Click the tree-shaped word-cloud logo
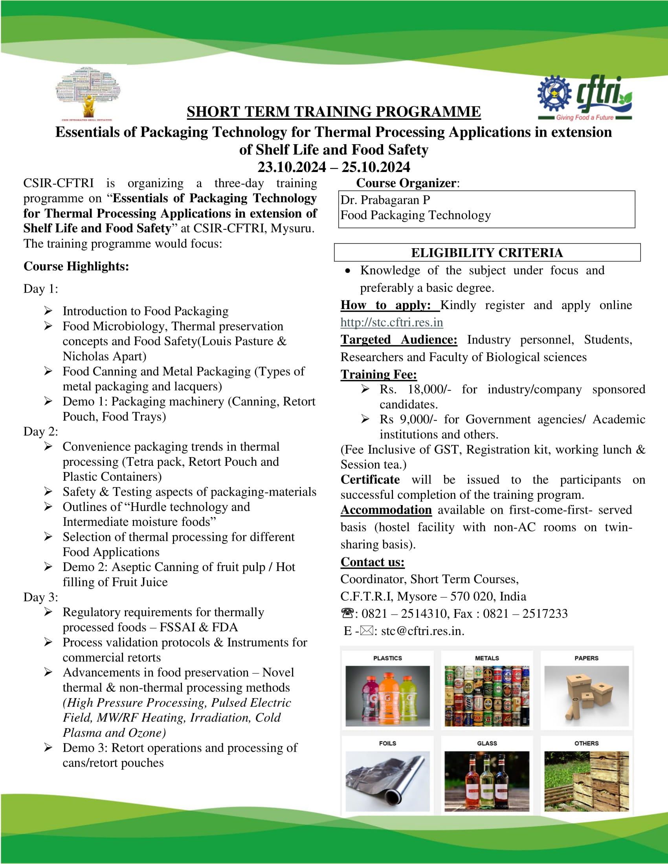click(88, 93)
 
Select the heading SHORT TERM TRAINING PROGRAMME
click(334, 112)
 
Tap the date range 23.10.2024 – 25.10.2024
click(334, 167)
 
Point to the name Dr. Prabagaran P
click(385, 200)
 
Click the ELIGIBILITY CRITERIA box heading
click(487, 253)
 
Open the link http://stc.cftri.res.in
click(391, 322)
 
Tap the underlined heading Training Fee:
click(378, 374)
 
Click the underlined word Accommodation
click(386, 510)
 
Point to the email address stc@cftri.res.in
click(422, 631)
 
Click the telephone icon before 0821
click(347, 613)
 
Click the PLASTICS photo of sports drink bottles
click(387, 696)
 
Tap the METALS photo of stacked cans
click(487, 696)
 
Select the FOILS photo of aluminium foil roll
click(387, 781)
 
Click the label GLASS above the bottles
click(487, 743)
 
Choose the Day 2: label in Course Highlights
click(41, 432)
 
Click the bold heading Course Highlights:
click(76, 266)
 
